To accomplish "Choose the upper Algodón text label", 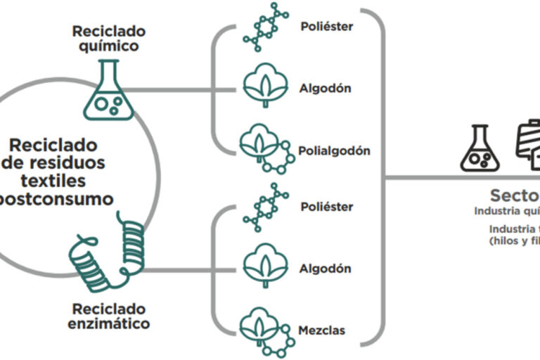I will (x=325, y=89).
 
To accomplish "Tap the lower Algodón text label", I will (x=325, y=269).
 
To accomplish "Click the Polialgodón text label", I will (x=335, y=150).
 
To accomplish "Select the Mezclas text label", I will (x=323, y=330).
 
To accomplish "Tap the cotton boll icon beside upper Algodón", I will (x=262, y=88).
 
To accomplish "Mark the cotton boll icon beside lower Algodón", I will (x=262, y=268).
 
